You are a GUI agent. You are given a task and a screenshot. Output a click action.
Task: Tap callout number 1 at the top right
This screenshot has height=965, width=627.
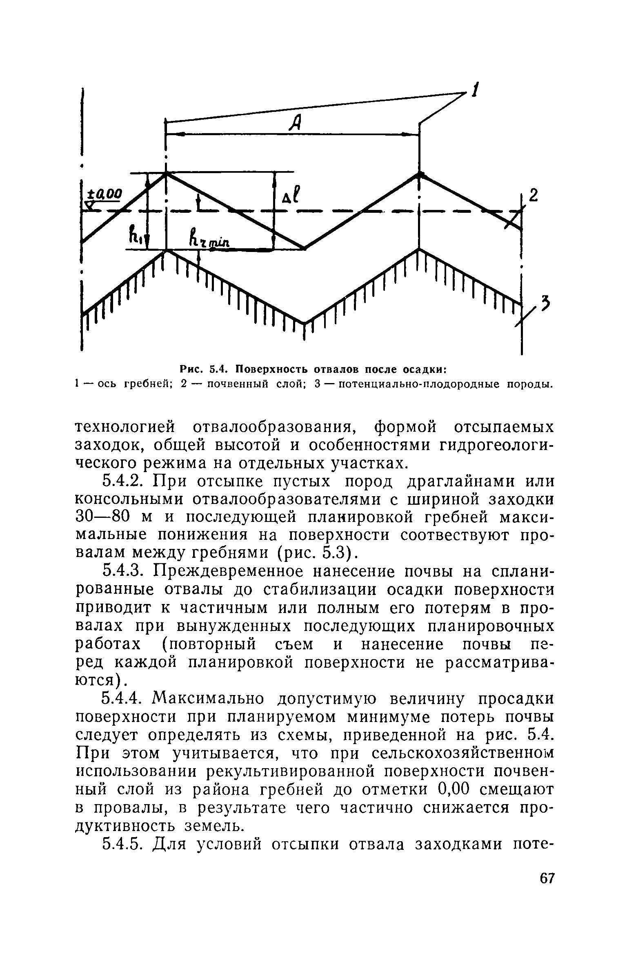pos(474,90)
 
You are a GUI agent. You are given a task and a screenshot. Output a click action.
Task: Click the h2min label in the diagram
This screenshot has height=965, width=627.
pos(209,238)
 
